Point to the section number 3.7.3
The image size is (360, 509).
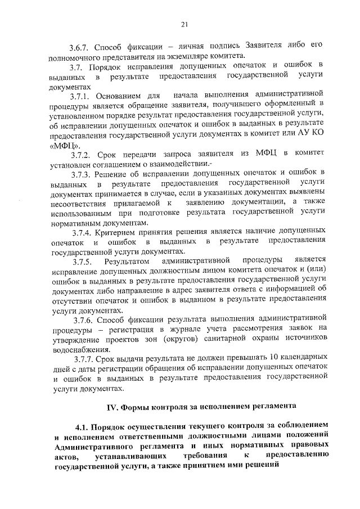coord(83,172)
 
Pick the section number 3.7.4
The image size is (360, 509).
coord(83,231)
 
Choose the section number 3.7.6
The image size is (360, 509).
coord(83,320)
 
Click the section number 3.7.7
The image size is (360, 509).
coord(83,359)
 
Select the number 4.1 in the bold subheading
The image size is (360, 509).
coord(82,426)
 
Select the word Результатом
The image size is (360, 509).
coord(127,260)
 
